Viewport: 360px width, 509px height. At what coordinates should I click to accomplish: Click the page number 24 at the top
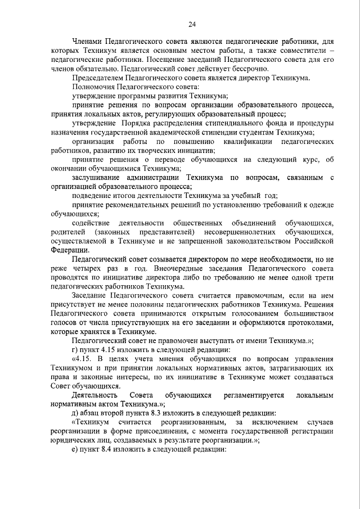click(192, 24)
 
